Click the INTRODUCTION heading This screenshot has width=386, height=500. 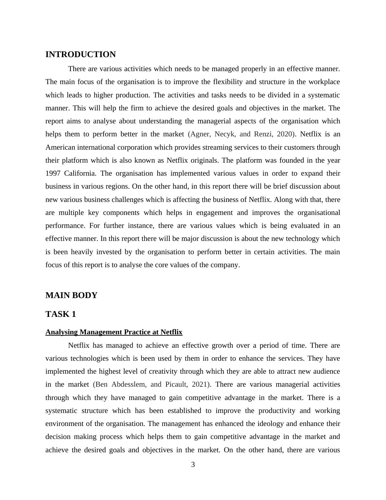(80, 55)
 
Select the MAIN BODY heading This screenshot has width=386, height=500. (71, 295)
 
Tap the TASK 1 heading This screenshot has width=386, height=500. (61, 314)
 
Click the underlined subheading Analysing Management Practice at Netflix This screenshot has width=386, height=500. (114, 332)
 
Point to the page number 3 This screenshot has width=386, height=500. (193, 465)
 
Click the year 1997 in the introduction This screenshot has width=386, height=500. (53, 173)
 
